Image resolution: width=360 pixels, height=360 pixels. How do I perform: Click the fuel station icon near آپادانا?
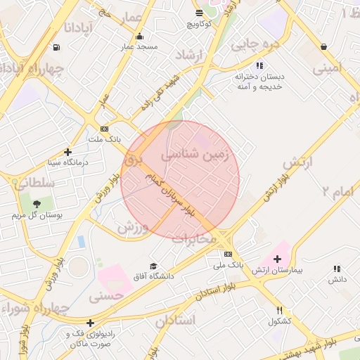click(x=56, y=48)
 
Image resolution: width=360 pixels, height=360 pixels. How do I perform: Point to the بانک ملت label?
click(x=105, y=139)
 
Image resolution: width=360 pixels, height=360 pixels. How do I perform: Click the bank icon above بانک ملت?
click(x=105, y=129)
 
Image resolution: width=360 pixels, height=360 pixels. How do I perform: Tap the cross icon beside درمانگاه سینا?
click(x=67, y=152)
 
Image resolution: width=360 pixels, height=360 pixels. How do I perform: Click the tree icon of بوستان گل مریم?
click(x=37, y=203)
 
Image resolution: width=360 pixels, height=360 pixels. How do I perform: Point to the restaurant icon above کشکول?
click(x=279, y=310)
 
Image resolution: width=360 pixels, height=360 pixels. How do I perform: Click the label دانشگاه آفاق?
click(x=155, y=276)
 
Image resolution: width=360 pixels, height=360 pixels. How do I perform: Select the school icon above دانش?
click(x=337, y=269)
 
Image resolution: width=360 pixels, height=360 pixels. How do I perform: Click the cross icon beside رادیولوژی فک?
click(x=90, y=323)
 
